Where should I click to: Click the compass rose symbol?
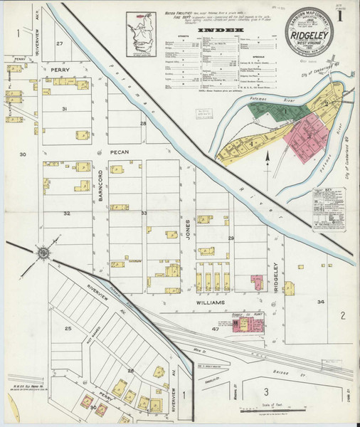click(43, 253)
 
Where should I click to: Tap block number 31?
click(64, 109)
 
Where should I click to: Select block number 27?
click(60, 44)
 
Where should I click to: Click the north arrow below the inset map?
click(268, 159)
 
